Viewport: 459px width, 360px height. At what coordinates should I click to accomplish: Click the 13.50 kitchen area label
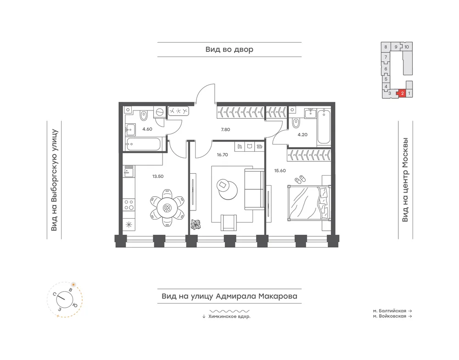pyautogui.click(x=158, y=177)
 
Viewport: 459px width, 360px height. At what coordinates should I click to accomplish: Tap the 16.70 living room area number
pyautogui.click(x=223, y=155)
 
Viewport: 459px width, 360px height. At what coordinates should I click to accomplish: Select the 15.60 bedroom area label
pyautogui.click(x=280, y=171)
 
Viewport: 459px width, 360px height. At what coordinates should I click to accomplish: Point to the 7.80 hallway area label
pyautogui.click(x=225, y=129)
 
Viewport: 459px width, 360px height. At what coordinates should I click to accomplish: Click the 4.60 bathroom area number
pyautogui.click(x=147, y=129)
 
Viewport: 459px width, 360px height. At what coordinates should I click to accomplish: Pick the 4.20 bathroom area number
pyautogui.click(x=302, y=135)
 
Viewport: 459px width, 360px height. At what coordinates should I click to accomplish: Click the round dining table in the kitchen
pyautogui.click(x=167, y=208)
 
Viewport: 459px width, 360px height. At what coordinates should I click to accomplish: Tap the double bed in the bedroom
pyautogui.click(x=309, y=203)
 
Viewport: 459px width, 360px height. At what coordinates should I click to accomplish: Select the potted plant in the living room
pyautogui.click(x=195, y=224)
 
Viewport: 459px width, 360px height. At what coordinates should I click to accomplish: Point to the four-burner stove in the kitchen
pyautogui.click(x=129, y=205)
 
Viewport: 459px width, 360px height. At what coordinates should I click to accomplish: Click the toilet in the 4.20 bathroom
pyautogui.click(x=296, y=122)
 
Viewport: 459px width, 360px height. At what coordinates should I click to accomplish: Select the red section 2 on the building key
pyautogui.click(x=402, y=93)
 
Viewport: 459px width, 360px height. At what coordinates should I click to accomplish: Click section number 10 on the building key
pyautogui.click(x=407, y=47)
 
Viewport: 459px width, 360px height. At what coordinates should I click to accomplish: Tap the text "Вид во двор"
pyautogui.click(x=229, y=50)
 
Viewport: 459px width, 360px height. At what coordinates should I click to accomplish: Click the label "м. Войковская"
pyautogui.click(x=389, y=316)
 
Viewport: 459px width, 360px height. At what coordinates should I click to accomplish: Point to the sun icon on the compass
pyautogui.click(x=73, y=284)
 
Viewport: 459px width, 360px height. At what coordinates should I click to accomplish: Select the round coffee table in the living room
pyautogui.click(x=227, y=189)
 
